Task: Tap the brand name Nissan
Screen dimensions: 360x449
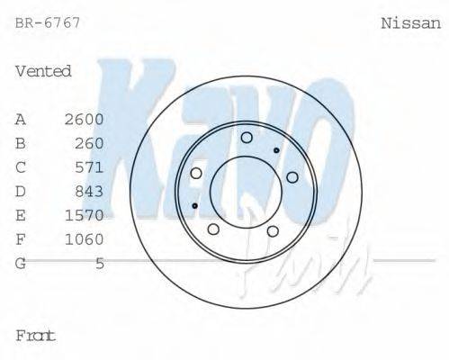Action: pos(411,23)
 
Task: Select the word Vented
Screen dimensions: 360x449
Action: pos(43,71)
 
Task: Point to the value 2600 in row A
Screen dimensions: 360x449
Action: pos(85,119)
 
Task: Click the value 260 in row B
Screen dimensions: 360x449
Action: pos(89,143)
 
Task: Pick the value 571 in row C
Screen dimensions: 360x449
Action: pos(89,167)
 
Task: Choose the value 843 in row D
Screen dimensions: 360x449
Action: pos(89,191)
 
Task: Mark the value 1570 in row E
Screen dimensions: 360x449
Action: pos(85,215)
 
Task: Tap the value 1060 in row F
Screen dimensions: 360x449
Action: pos(85,239)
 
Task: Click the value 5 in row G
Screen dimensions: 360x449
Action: pos(99,263)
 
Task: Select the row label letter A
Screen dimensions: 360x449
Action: pos(21,119)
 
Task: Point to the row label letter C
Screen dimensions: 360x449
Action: pos(21,167)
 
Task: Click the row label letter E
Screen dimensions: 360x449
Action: pos(21,215)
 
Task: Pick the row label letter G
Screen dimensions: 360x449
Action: pos(21,263)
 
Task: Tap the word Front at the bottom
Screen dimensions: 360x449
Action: pos(36,336)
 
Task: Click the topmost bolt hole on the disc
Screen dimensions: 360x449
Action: pos(247,137)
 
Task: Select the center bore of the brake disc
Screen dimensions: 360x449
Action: pos(246,190)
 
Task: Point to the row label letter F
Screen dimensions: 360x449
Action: pos(21,239)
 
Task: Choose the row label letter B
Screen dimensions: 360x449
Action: pos(21,143)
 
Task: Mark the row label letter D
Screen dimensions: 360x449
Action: pos(21,191)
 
